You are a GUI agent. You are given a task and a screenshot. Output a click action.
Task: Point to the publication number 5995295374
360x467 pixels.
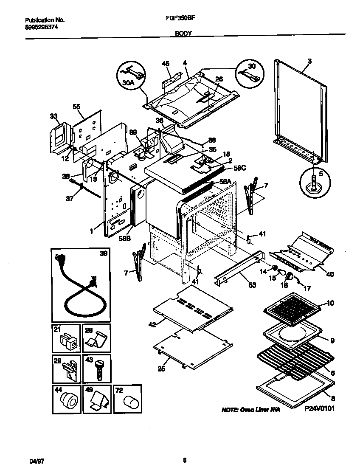[42, 27]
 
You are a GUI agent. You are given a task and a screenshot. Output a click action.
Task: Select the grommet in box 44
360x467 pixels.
[67, 401]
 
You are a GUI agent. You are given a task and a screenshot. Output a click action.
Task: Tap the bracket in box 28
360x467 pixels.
[97, 340]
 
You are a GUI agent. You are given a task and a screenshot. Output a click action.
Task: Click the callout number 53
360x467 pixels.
[252, 285]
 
